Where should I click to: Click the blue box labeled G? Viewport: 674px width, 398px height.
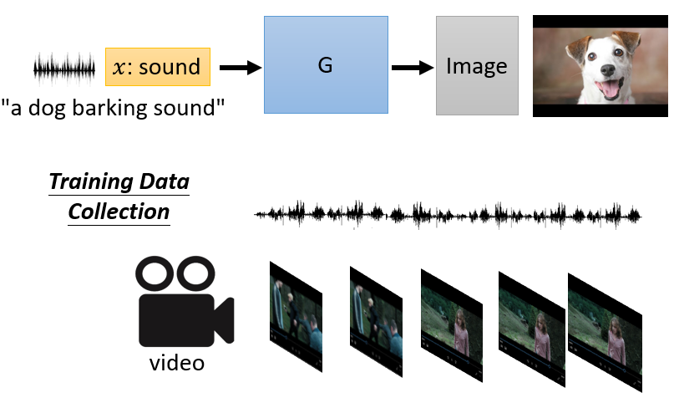tap(326, 65)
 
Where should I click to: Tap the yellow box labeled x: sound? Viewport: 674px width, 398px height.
tap(158, 67)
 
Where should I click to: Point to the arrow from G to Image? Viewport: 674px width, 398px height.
tap(411, 67)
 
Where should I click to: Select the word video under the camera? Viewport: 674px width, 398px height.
tap(177, 365)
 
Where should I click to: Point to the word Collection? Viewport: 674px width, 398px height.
tap(119, 212)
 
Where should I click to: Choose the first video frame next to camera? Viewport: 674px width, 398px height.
tap(296, 314)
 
